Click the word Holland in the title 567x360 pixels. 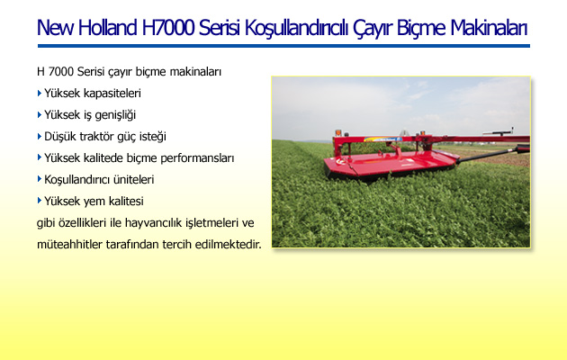107,28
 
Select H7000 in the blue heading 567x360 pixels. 168,28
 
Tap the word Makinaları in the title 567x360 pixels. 489,28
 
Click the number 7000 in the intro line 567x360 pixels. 60,72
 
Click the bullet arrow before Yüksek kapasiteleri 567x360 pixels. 40,94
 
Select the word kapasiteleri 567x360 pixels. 112,94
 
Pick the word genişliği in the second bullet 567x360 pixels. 115,115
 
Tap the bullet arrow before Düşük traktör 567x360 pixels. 40,136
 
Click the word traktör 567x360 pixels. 98,136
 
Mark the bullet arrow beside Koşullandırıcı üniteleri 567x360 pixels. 40,179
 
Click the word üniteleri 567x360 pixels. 134,179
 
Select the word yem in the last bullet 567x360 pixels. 94,202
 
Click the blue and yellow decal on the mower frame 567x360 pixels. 382,139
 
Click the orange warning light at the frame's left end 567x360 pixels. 338,132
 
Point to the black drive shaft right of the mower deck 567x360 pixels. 488,155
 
